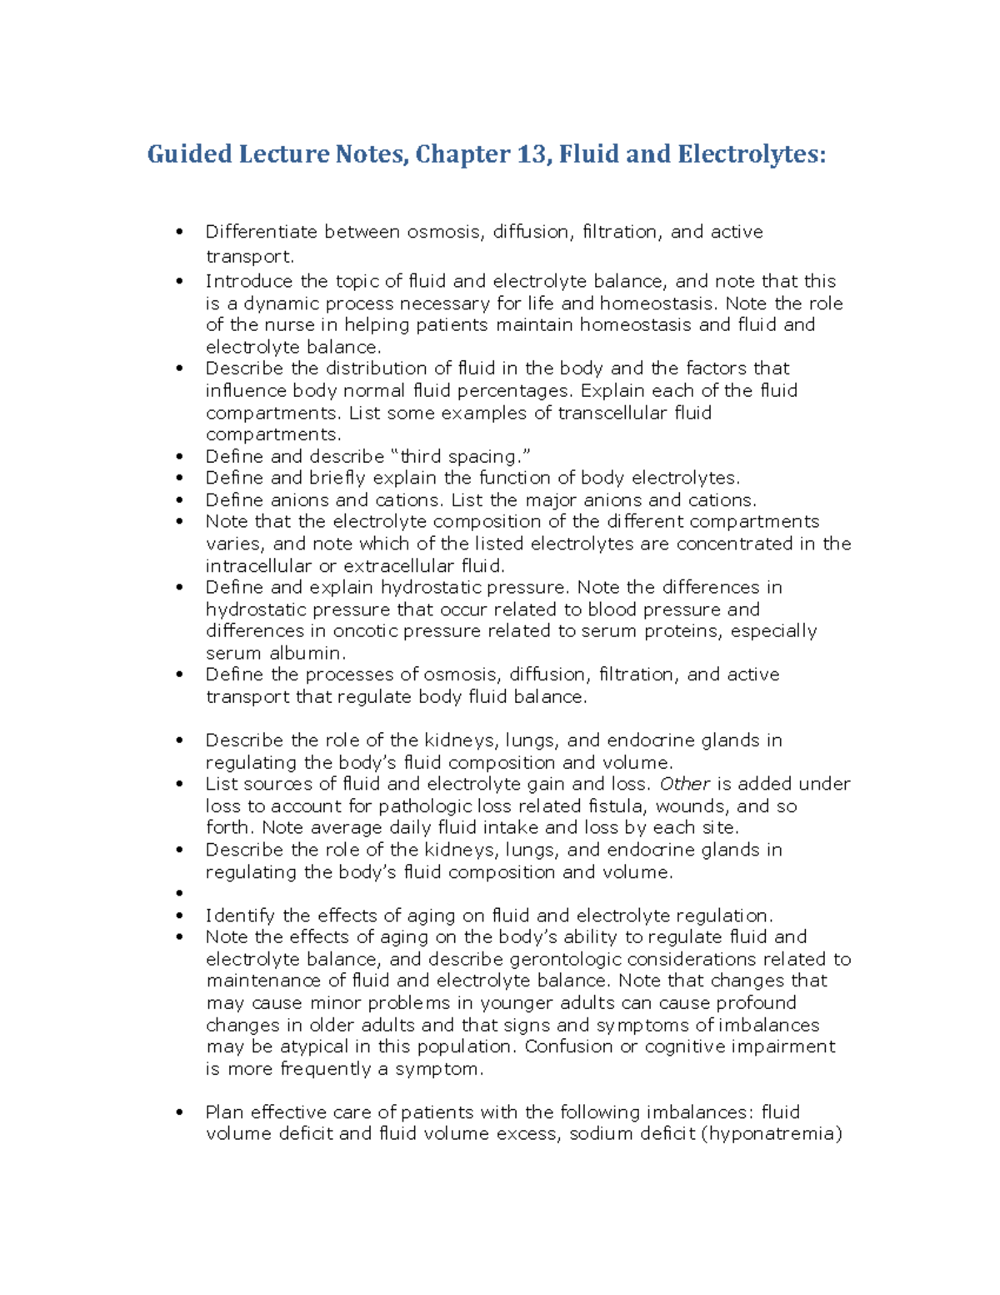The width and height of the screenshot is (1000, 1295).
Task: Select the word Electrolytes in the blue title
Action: pyautogui.click(x=752, y=155)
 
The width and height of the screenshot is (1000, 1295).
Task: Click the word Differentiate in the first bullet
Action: pyautogui.click(x=261, y=232)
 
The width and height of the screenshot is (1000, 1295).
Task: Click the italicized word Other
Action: pyautogui.click(x=684, y=784)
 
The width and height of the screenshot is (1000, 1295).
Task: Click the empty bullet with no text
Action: pyautogui.click(x=179, y=894)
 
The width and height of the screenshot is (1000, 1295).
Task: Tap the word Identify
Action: pyautogui.click(x=240, y=916)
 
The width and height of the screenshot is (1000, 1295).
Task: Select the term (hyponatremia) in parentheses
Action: pyautogui.click(x=772, y=1134)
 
